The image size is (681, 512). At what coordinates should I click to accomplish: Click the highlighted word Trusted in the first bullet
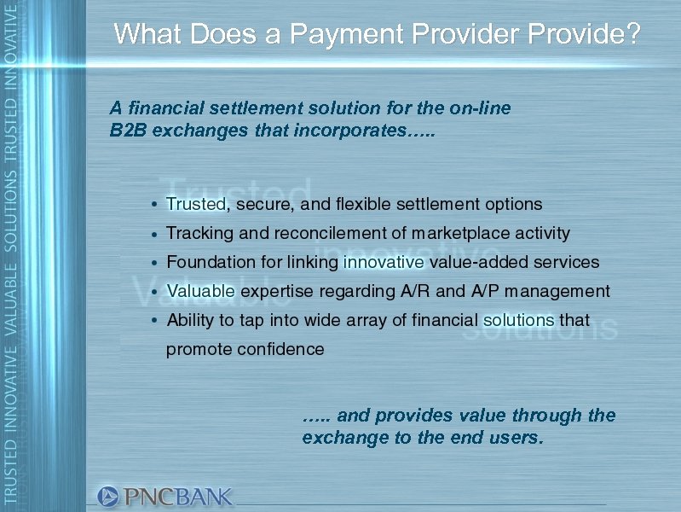coord(196,205)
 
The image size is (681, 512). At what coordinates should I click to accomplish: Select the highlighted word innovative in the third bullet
coord(383,262)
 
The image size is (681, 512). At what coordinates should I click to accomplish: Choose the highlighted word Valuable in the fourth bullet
coord(200,291)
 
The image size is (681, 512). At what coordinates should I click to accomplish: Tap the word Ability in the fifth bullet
coord(189,320)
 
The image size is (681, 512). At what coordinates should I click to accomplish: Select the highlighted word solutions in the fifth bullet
coord(518,320)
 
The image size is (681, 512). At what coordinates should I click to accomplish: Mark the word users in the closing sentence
coord(513,439)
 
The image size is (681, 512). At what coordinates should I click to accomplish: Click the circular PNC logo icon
coord(108,496)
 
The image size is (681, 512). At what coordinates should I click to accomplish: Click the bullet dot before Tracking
coord(153,234)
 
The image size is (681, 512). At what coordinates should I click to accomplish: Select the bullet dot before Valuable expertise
coord(153,292)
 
